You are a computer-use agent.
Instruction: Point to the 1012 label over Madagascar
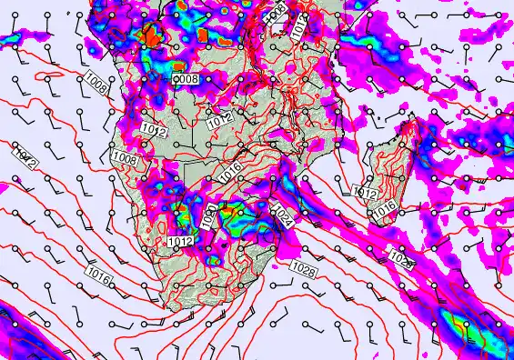pos(365,194)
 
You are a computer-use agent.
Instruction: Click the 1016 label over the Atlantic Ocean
pos(100,271)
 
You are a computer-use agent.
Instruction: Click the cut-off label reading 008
pos(186,80)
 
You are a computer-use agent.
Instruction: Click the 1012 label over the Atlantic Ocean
pos(26,160)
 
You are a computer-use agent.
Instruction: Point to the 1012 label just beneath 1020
pos(179,241)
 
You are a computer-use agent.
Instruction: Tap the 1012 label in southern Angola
pos(154,132)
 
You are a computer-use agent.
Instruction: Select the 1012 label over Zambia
pos(217,120)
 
